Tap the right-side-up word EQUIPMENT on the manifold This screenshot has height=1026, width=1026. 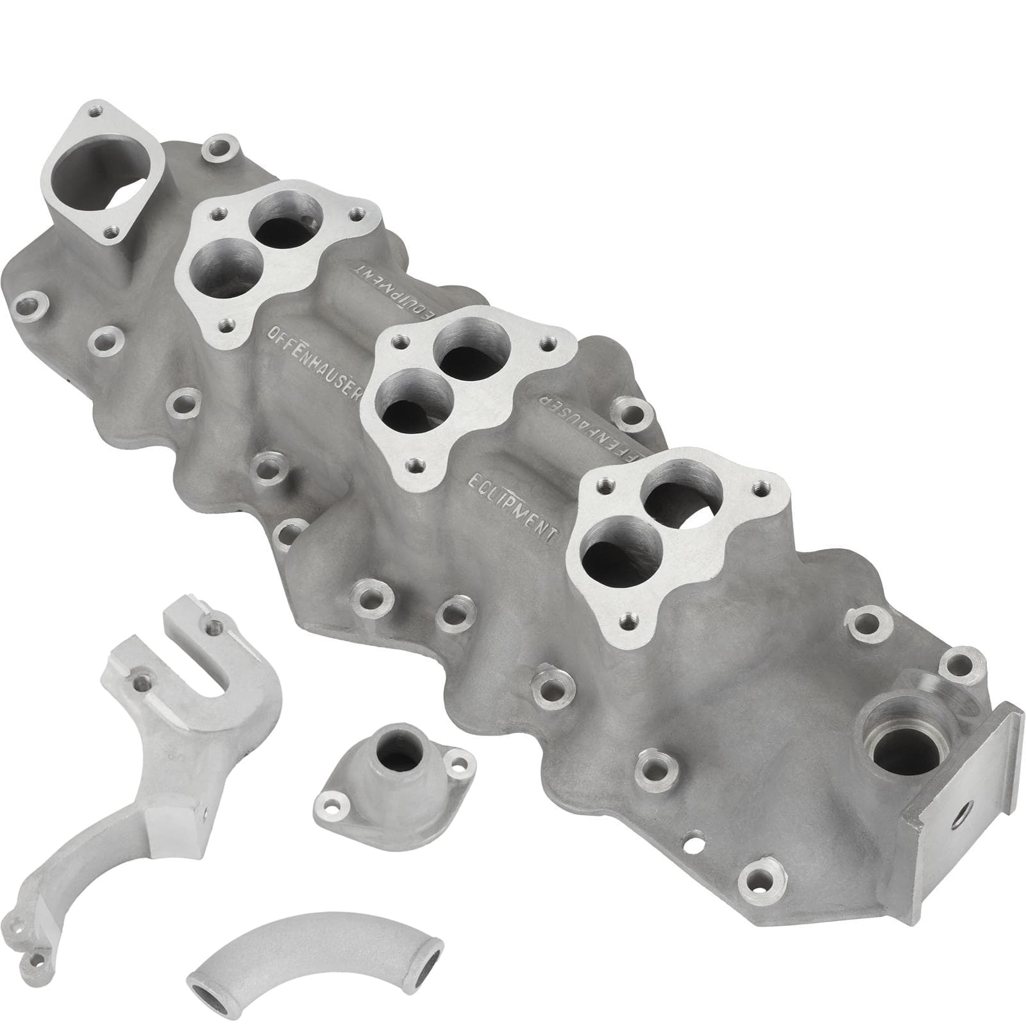(514, 510)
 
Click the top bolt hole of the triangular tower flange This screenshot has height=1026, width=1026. (95, 112)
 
